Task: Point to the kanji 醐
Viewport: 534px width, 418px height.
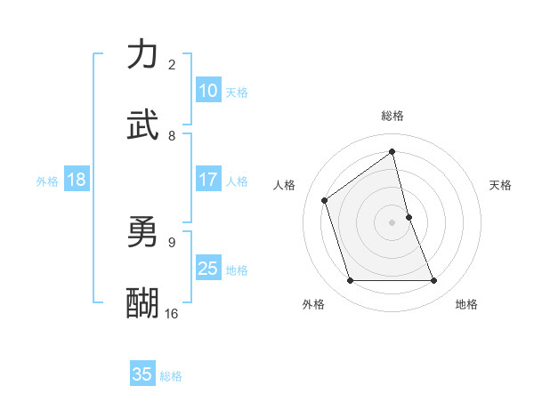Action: pyautogui.click(x=143, y=302)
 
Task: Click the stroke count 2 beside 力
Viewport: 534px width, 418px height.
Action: pyautogui.click(x=172, y=65)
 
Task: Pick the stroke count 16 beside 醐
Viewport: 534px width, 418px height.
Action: pyautogui.click(x=172, y=313)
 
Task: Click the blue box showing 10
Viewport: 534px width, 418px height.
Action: pyautogui.click(x=208, y=91)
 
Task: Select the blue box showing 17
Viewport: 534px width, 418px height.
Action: pyautogui.click(x=208, y=180)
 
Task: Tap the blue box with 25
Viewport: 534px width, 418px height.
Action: pyautogui.click(x=208, y=269)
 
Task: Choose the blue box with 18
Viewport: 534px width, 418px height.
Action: pyautogui.click(x=77, y=180)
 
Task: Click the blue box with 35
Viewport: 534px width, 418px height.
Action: pyautogui.click(x=142, y=374)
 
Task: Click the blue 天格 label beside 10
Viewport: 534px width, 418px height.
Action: pyautogui.click(x=237, y=92)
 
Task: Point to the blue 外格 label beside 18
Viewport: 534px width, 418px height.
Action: pyautogui.click(x=47, y=181)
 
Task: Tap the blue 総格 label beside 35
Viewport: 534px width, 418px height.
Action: pyautogui.click(x=171, y=376)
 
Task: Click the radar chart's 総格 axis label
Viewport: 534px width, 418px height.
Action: pyautogui.click(x=392, y=116)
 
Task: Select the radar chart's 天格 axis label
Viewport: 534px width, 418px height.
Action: pyautogui.click(x=500, y=185)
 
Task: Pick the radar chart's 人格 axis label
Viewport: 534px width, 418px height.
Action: pyautogui.click(x=285, y=185)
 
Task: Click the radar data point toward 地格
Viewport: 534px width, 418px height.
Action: pyautogui.click(x=434, y=281)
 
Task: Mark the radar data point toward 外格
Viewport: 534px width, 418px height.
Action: pyautogui.click(x=350, y=281)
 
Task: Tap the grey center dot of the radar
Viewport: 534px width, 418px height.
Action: pyautogui.click(x=392, y=222)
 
